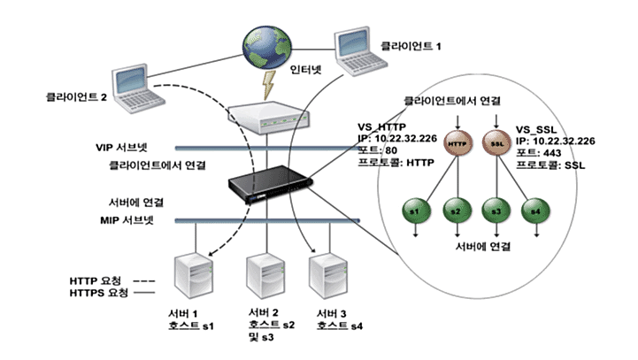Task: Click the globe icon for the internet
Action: point(267,47)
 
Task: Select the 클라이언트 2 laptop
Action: point(137,88)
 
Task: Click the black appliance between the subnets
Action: point(270,183)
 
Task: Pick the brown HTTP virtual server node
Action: point(457,143)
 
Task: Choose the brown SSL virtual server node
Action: point(496,143)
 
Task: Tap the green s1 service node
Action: point(416,211)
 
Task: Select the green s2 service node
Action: point(457,211)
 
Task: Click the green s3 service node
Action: point(496,211)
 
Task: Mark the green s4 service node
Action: point(535,211)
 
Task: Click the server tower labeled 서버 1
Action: point(194,276)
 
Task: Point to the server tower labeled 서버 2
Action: point(266,276)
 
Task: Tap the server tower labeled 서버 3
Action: point(328,276)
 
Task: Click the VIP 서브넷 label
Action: point(121,147)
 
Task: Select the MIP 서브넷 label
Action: point(127,220)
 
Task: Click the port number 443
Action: point(552,153)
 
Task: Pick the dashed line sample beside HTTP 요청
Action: point(144,281)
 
